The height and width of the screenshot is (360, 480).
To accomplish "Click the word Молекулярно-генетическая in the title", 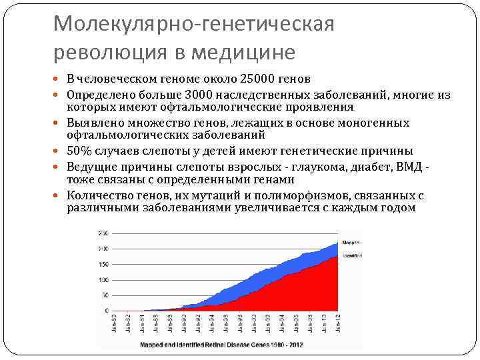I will (x=193, y=24).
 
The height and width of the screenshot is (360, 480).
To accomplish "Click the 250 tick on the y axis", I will (x=103, y=233).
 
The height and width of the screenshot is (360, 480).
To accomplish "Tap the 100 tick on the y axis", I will (x=103, y=279).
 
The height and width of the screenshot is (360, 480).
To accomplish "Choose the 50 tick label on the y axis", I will (x=105, y=295).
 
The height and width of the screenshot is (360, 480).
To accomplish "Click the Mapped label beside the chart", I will (x=351, y=242).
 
